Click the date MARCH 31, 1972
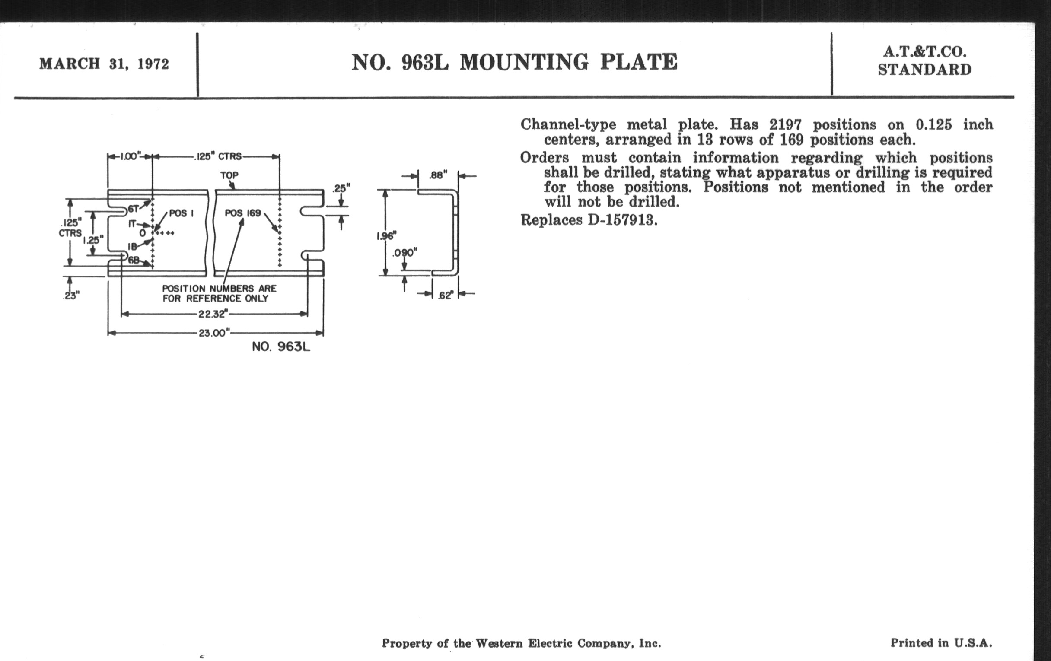[104, 64]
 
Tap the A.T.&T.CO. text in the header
[925, 52]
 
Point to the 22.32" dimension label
[213, 314]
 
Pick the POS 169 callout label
[243, 213]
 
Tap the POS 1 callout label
[181, 213]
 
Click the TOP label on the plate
[229, 175]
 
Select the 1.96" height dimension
[386, 236]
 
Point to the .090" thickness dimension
[404, 253]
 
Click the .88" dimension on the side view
[438, 175]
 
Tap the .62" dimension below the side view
[445, 296]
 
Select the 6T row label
[133, 209]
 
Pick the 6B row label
[133, 260]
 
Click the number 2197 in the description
[786, 125]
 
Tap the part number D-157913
[622, 219]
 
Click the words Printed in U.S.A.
[941, 643]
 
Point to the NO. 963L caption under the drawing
[281, 347]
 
